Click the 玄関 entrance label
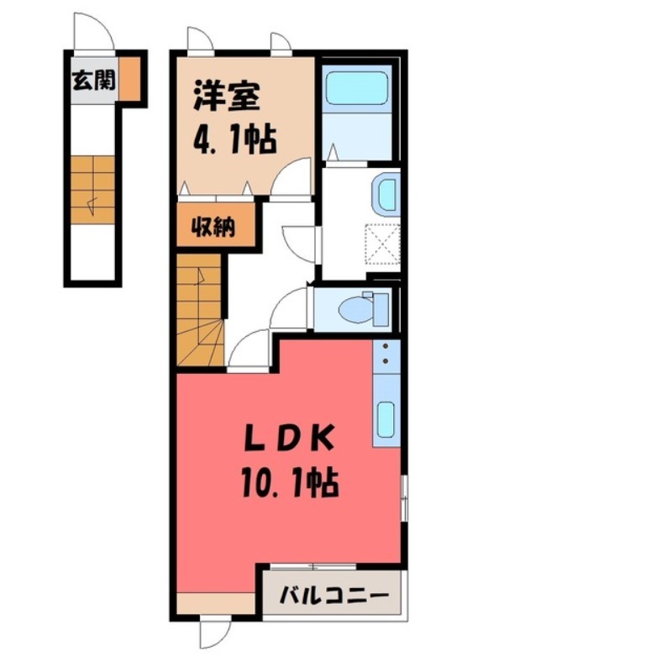(x=92, y=81)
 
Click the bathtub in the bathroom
(x=357, y=87)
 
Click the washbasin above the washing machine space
(x=387, y=195)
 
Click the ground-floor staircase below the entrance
(x=92, y=189)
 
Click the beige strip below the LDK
(x=216, y=602)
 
